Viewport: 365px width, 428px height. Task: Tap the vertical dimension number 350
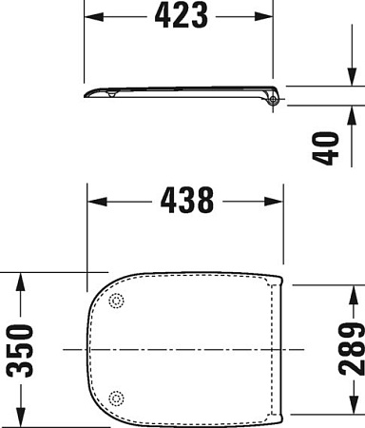click(22, 349)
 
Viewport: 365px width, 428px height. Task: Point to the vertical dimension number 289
click(352, 349)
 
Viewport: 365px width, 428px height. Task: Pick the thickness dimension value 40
click(328, 147)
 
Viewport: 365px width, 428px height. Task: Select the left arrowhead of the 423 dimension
click(93, 18)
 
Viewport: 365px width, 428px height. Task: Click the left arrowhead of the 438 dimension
click(93, 201)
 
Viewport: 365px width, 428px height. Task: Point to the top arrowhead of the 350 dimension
click(22, 279)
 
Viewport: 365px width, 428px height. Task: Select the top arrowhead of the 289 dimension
click(352, 290)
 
